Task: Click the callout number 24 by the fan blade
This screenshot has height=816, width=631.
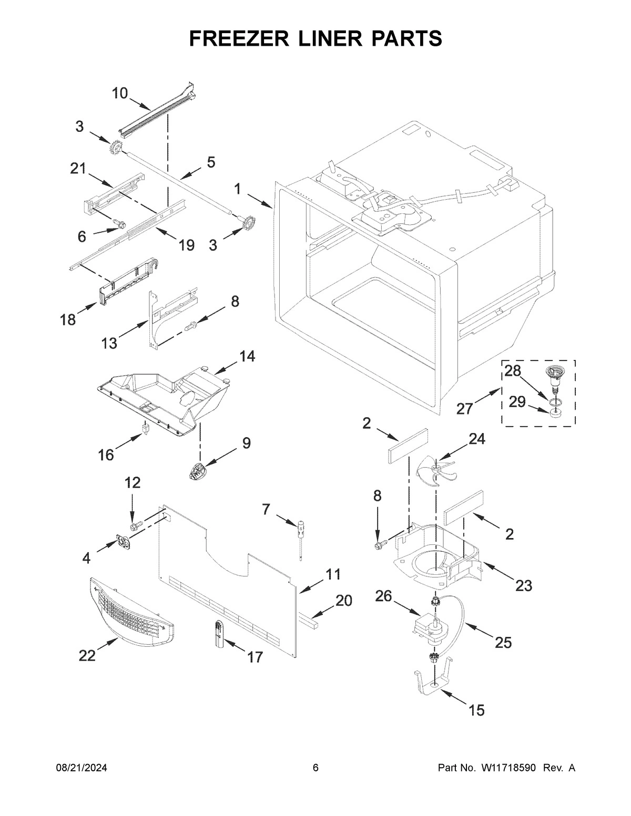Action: coord(476,439)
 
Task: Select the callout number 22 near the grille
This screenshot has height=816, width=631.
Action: coord(87,655)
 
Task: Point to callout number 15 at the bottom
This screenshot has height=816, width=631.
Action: coord(476,710)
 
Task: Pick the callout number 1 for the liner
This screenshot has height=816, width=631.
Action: coord(238,189)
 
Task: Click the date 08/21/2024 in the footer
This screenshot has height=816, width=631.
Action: coord(82,768)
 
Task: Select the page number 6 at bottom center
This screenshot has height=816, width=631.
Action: coord(315,768)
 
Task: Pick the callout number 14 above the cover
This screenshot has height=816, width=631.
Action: coord(247,356)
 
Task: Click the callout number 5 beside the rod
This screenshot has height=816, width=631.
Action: coord(210,162)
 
